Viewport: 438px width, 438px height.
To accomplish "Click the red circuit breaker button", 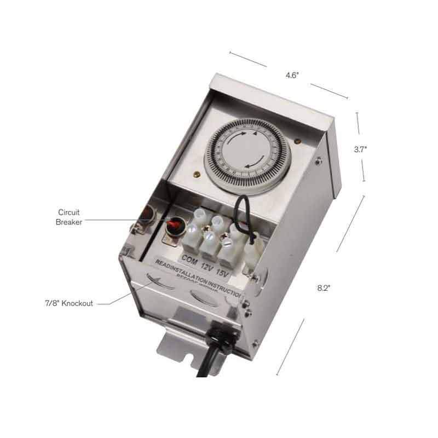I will point(175,224).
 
